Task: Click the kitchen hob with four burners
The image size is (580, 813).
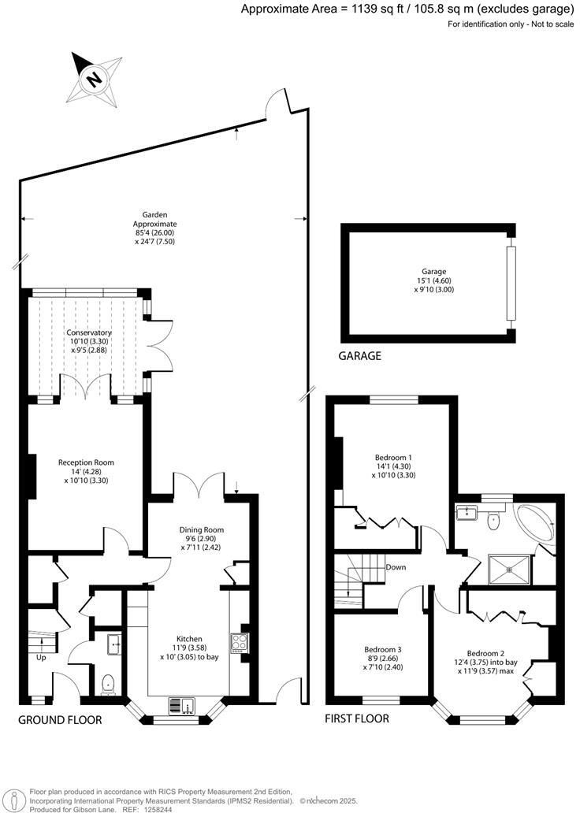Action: point(238,643)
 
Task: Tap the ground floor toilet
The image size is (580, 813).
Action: point(109,684)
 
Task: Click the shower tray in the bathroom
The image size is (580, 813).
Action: point(509,568)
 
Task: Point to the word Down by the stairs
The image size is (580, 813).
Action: point(396,567)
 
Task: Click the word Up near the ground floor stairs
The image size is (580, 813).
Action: point(40,656)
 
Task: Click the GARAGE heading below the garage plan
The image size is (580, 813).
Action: point(359,356)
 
